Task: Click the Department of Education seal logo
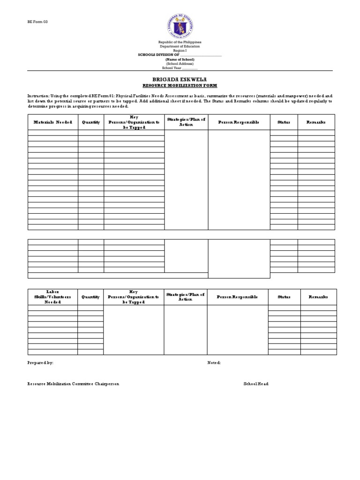point(180,24)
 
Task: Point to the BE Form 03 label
point(37,22)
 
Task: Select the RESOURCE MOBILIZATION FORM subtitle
point(180,86)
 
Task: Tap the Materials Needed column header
point(52,122)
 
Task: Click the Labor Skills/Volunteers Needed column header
point(52,297)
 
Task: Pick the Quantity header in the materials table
point(91,122)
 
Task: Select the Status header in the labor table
point(284,297)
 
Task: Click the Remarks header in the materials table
point(316,122)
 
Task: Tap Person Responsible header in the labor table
point(237,297)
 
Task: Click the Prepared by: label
point(40,363)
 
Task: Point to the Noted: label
point(214,363)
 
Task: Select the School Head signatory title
point(256,384)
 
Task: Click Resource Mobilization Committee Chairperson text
point(73,384)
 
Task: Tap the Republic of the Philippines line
point(180,42)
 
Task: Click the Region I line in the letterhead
point(180,51)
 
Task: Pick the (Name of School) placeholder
point(180,60)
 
